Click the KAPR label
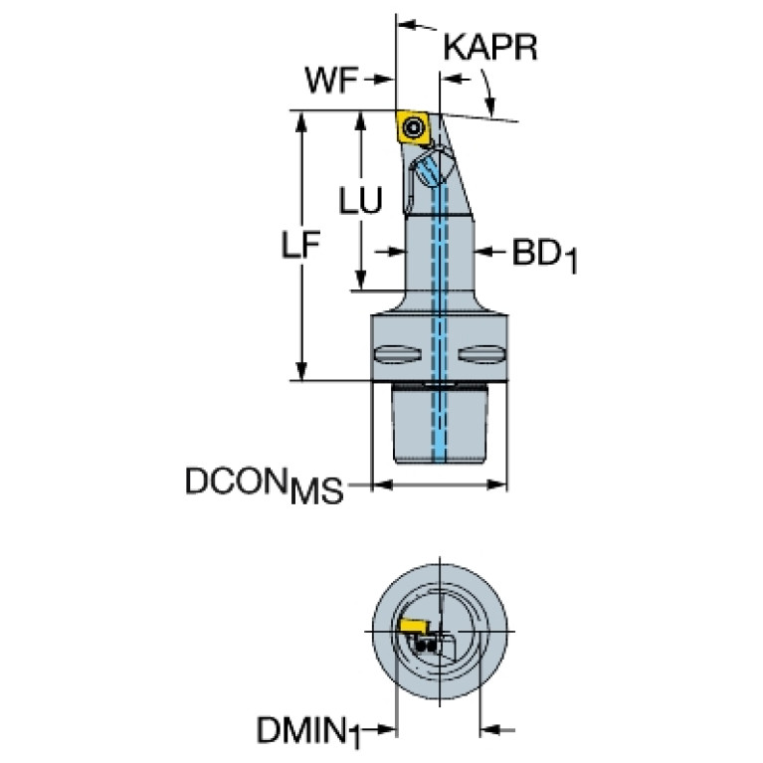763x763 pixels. (490, 47)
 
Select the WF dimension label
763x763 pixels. (331, 80)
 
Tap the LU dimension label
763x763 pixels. (360, 200)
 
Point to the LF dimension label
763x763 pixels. (300, 244)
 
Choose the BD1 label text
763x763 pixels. (544, 256)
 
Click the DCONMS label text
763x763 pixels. (265, 484)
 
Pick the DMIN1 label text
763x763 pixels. (308, 730)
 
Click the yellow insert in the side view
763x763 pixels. (413, 127)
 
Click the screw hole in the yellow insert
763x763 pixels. (414, 127)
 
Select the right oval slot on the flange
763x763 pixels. (481, 354)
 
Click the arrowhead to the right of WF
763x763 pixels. (384, 80)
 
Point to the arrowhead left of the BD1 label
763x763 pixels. (483, 251)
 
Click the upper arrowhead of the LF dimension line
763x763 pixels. (301, 121)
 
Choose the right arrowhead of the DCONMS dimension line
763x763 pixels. (496, 484)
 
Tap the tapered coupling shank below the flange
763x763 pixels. (440, 424)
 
